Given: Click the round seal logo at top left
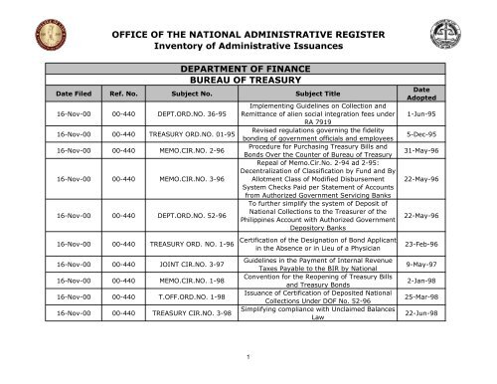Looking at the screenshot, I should click(x=41, y=37).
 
